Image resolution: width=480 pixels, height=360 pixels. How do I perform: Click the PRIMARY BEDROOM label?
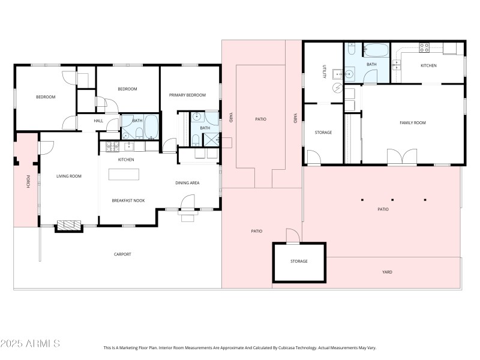[x=187, y=95]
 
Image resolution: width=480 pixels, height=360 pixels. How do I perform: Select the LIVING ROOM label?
[x=69, y=176]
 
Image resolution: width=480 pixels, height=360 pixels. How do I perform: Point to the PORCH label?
[x=27, y=182]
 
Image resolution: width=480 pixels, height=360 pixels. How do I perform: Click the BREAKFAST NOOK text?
[x=128, y=200]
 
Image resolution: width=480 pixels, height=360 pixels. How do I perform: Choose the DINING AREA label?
[x=187, y=183]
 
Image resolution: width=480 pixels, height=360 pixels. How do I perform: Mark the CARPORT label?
[x=122, y=254]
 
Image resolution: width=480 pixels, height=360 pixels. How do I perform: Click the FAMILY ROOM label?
[x=413, y=123]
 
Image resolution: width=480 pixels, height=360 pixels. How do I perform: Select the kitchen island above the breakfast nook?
[x=124, y=174]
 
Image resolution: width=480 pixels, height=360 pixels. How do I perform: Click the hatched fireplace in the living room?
[x=68, y=226]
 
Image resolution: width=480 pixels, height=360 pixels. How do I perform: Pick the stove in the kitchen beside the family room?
[x=424, y=48]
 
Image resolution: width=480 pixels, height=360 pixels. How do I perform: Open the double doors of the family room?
[x=402, y=157]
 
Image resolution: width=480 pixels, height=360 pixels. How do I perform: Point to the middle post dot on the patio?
[x=392, y=200]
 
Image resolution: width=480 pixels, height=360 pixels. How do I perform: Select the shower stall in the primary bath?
[x=212, y=140]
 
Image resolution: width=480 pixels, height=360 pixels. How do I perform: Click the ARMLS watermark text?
[x=30, y=344]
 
